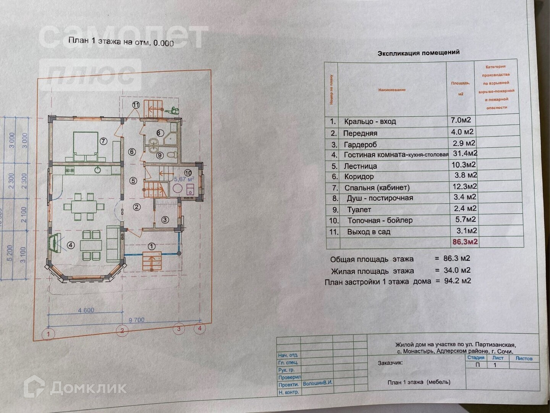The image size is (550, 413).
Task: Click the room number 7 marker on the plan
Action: click(103, 141)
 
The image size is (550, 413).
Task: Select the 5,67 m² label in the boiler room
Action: click(184, 179)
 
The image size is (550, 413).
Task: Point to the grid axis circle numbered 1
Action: click(48, 334)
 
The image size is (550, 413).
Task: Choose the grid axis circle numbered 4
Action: click(199, 328)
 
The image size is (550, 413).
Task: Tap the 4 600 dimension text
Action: click(86, 310)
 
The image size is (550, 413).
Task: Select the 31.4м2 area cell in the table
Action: click(464, 153)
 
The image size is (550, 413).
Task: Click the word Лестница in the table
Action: click(360, 166)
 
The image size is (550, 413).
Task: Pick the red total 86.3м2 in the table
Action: click(465, 242)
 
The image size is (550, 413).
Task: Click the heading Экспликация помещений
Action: click(419, 53)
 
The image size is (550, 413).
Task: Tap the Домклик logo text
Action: click(88, 388)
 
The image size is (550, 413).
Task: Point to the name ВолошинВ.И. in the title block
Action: click(317, 383)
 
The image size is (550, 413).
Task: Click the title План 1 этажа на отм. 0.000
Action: click(121, 42)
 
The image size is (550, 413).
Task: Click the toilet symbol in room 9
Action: click(172, 154)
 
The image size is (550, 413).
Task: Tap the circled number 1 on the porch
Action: click(152, 246)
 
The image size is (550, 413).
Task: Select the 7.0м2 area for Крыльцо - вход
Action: click(461, 120)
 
